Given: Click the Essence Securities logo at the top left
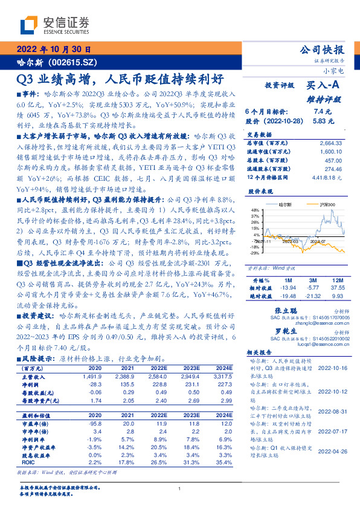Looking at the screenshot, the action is (54, 25).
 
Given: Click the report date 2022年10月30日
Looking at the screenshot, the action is (53, 49).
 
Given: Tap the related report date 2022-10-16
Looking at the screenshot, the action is (331, 368).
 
